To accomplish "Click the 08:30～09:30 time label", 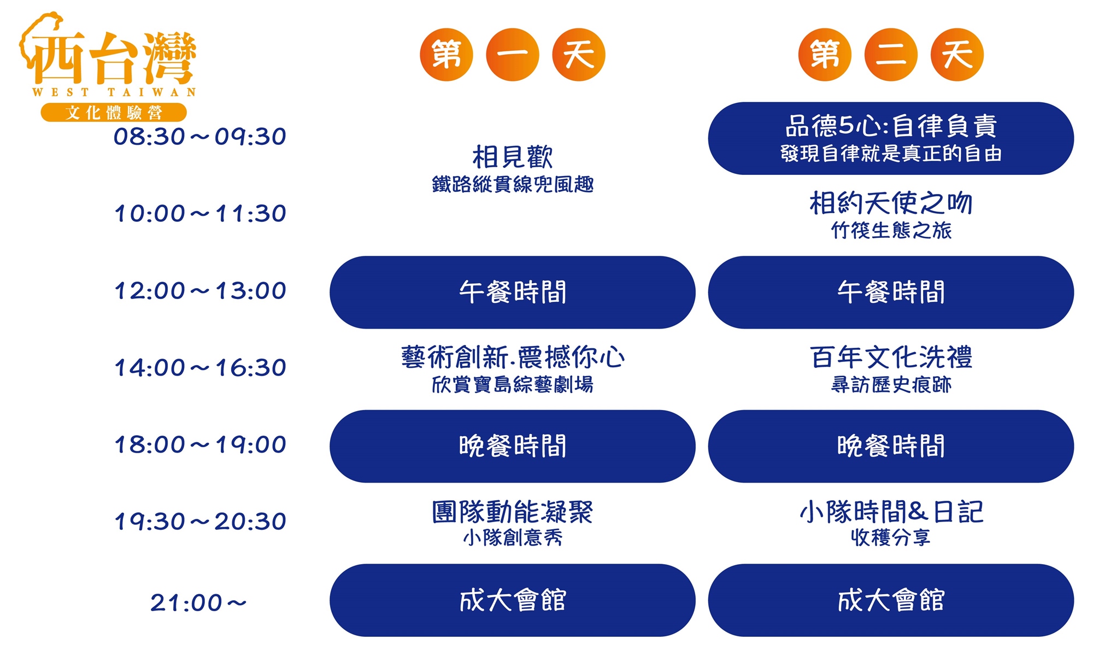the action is point(200,137).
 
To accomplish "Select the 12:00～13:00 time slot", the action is point(200,291).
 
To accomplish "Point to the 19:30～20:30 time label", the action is point(200,522).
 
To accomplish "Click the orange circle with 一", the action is point(513,55).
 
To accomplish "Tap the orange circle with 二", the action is point(891,55).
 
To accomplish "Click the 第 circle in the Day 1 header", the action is point(446,55).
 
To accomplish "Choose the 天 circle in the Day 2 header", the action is point(957,55).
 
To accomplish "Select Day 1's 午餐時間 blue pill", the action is point(513,292).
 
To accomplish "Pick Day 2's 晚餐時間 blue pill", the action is point(891,446).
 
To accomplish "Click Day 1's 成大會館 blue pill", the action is point(513,600).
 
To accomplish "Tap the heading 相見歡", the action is point(513,157).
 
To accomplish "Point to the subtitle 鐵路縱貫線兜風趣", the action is point(513,185).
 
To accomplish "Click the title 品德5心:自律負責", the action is point(891,126).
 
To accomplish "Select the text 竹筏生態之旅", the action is point(891,231).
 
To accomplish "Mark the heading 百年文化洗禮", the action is point(891,358).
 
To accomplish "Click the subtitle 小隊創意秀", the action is point(513,538).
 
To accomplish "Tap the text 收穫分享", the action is point(891,538).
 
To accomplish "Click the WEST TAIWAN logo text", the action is point(114,92).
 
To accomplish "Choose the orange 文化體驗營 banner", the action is point(114,113).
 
